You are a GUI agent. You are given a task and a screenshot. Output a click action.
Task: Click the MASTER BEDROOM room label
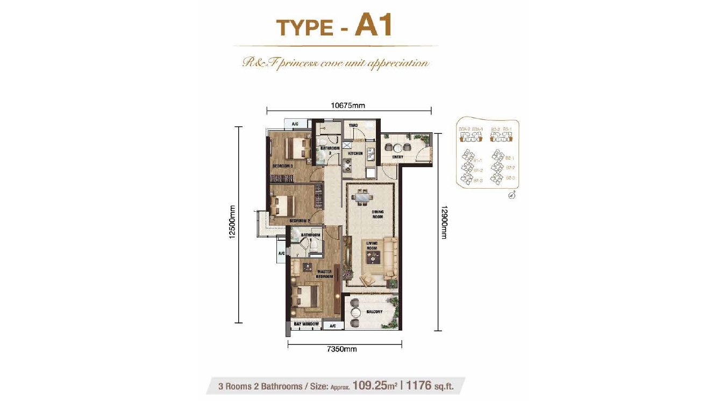[324, 274]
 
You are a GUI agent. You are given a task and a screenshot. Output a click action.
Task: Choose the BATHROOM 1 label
[310, 235]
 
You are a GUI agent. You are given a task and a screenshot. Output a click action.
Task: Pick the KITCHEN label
[355, 154]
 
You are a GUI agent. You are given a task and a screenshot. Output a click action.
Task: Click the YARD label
[353, 125]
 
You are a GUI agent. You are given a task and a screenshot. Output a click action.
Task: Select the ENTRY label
[398, 157]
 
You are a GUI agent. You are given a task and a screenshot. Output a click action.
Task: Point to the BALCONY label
[375, 312]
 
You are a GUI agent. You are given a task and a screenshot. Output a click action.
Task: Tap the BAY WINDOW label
[306, 325]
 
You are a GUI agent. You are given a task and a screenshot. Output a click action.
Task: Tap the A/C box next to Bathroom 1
[281, 253]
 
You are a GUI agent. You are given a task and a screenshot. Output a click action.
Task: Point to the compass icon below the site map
[512, 195]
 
